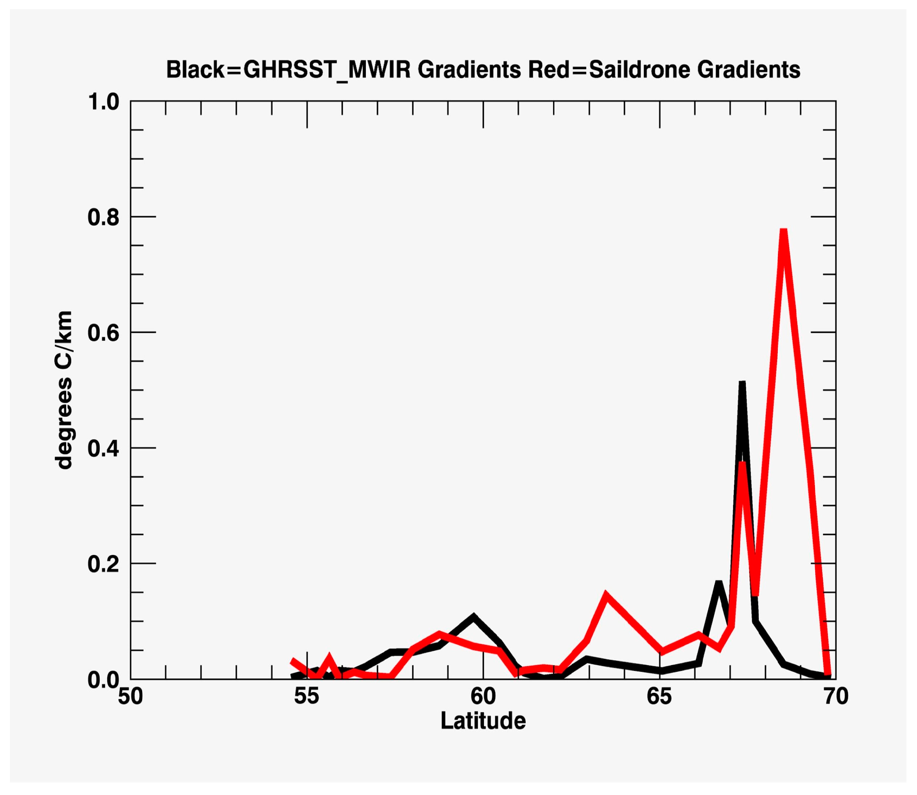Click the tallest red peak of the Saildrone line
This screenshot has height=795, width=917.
click(783, 232)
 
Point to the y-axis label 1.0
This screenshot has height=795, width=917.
click(104, 102)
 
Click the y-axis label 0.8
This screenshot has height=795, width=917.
click(104, 217)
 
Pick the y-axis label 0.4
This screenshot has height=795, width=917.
click(104, 448)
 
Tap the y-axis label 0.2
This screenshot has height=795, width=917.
click(104, 564)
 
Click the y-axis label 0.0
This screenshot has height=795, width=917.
click(104, 680)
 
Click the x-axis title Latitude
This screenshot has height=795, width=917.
click(483, 721)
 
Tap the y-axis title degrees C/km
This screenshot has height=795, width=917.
click(63, 390)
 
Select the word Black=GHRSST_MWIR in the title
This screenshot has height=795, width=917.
click(288, 70)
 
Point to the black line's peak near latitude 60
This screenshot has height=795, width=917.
click(473, 617)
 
